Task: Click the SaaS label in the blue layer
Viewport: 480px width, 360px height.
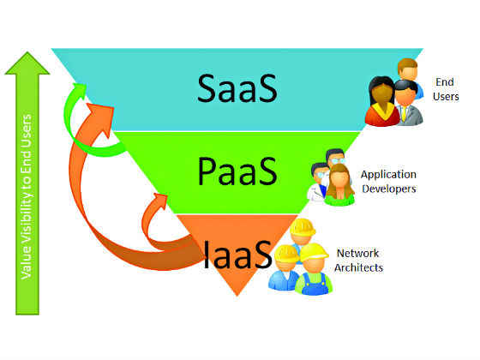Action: click(x=237, y=89)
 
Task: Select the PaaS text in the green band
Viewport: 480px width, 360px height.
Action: click(x=237, y=171)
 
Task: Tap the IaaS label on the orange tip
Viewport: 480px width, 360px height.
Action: click(x=237, y=254)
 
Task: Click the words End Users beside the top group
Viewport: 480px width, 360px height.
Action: click(x=446, y=89)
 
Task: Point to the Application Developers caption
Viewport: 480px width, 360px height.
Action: click(x=388, y=182)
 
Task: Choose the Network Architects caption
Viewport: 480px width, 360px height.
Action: click(x=358, y=261)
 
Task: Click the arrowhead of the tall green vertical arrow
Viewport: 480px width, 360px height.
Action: click(x=27, y=63)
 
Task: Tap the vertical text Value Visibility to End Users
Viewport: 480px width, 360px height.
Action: click(x=27, y=197)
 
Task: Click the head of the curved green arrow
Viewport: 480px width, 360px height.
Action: click(x=77, y=90)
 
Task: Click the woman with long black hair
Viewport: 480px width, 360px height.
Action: click(x=382, y=101)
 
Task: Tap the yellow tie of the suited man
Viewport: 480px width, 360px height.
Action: click(x=404, y=113)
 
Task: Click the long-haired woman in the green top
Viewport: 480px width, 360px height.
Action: click(x=339, y=184)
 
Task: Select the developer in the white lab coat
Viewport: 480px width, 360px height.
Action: click(x=317, y=183)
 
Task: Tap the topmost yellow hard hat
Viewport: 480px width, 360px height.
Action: click(x=303, y=227)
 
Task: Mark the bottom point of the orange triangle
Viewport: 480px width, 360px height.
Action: click(x=237, y=296)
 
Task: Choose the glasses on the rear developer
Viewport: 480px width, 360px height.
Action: click(x=338, y=160)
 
